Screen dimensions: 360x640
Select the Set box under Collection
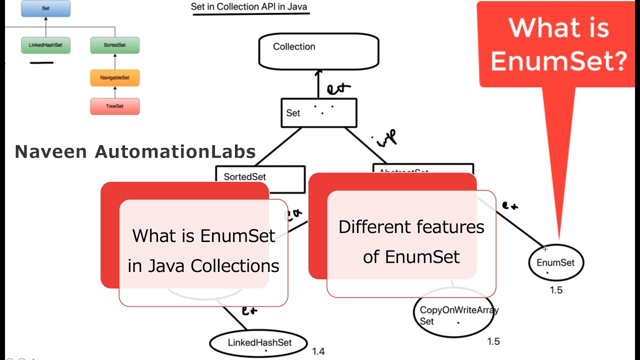tap(318, 112)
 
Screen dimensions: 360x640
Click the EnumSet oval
tap(555, 262)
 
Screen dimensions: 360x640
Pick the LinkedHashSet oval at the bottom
tap(258, 343)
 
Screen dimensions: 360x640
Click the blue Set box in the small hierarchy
tap(45, 8)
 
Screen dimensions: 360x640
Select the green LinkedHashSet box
tap(45, 45)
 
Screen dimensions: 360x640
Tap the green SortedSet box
tap(114, 45)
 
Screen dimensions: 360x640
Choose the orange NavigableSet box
tap(114, 78)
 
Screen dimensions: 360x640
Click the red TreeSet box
tap(114, 106)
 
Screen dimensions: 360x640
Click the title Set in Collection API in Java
tap(249, 7)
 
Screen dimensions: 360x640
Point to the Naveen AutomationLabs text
tap(135, 152)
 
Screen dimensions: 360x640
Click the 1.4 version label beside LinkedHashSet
tap(318, 351)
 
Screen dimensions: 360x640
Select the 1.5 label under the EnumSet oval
tap(556, 290)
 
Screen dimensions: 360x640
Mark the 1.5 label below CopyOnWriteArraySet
tap(493, 341)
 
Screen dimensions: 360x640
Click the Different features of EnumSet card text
tap(411, 241)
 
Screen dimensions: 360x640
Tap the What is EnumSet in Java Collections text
tap(203, 250)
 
